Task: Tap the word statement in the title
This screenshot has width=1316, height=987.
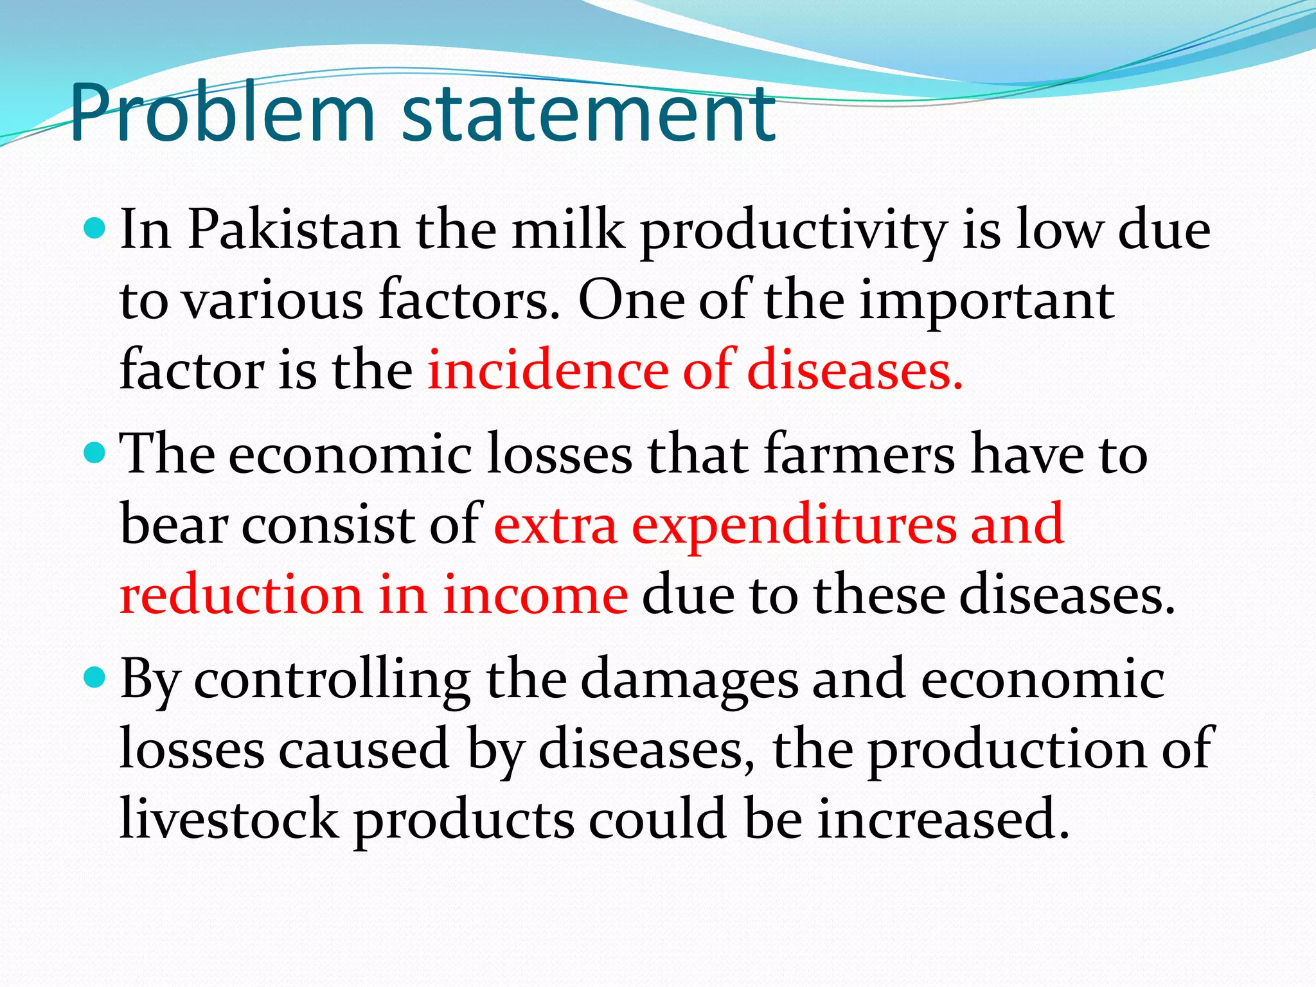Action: coord(588,114)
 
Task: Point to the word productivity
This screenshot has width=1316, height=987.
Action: coord(794,231)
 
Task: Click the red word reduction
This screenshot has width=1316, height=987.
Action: coord(241,594)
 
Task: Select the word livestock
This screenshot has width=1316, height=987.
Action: coord(229,819)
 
